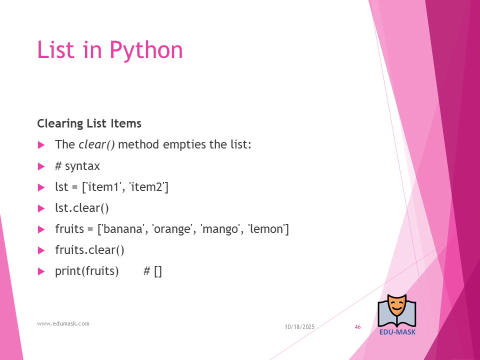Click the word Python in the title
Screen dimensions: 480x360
point(146,50)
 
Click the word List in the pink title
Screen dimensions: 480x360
point(55,49)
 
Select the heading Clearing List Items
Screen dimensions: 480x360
point(89,123)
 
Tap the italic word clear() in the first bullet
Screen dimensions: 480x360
point(96,144)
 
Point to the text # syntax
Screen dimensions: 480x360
point(77,166)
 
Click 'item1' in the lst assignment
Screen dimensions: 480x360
point(103,186)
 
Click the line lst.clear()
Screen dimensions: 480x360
point(82,208)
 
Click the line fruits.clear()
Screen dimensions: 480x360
point(89,250)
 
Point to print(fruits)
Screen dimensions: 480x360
point(87,271)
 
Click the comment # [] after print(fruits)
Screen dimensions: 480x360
point(152,271)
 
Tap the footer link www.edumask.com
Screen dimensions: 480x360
point(63,323)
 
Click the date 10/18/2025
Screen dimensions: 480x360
point(299,327)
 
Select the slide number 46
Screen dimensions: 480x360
point(357,327)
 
